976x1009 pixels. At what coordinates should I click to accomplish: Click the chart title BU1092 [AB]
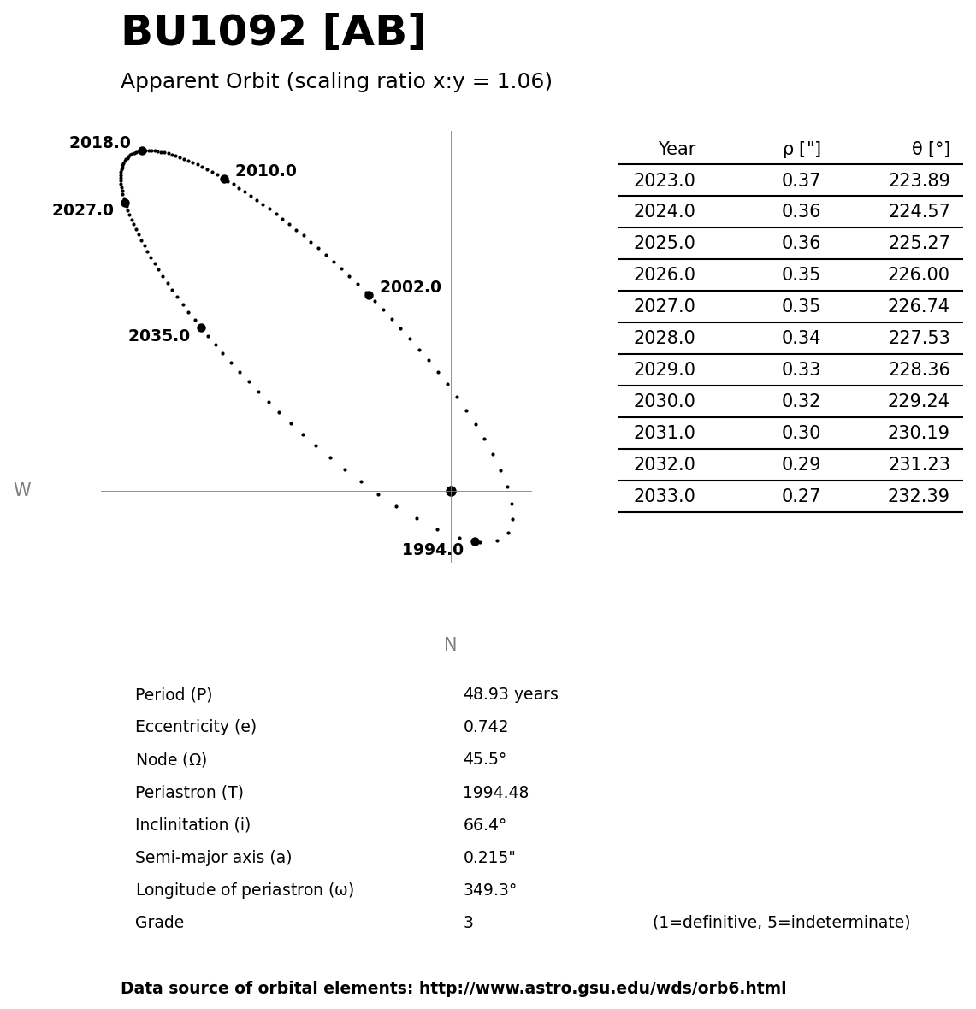pos(273,32)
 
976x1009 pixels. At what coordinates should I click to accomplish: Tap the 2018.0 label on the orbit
pos(100,143)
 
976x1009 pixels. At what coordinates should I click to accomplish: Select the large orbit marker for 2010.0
pos(224,179)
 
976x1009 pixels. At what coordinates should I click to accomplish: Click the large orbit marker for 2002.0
pos(369,295)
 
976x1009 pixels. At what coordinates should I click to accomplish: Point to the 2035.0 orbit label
pos(159,336)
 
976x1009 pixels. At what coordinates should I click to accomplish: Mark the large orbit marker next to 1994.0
pos(475,541)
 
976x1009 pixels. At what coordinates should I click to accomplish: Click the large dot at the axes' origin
pos(451,491)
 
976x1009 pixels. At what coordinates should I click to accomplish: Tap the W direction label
pos(22,490)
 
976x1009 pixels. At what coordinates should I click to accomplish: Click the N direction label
pos(450,645)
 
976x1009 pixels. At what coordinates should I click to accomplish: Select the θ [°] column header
pos(930,149)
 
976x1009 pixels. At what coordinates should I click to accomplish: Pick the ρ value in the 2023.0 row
pos(801,180)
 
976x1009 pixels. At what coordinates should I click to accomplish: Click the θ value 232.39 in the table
pos(918,496)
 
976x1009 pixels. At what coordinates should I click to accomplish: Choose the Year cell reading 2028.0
pos(664,338)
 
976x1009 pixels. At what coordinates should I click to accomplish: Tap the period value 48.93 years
pos(510,694)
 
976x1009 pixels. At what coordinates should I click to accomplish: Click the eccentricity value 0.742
pos(485,727)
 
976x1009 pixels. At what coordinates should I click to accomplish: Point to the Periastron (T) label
pos(189,793)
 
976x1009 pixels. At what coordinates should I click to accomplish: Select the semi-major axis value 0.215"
pos(488,858)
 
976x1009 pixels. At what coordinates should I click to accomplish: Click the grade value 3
pos(468,923)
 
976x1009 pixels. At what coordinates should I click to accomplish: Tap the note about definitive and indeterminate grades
pos(781,923)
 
